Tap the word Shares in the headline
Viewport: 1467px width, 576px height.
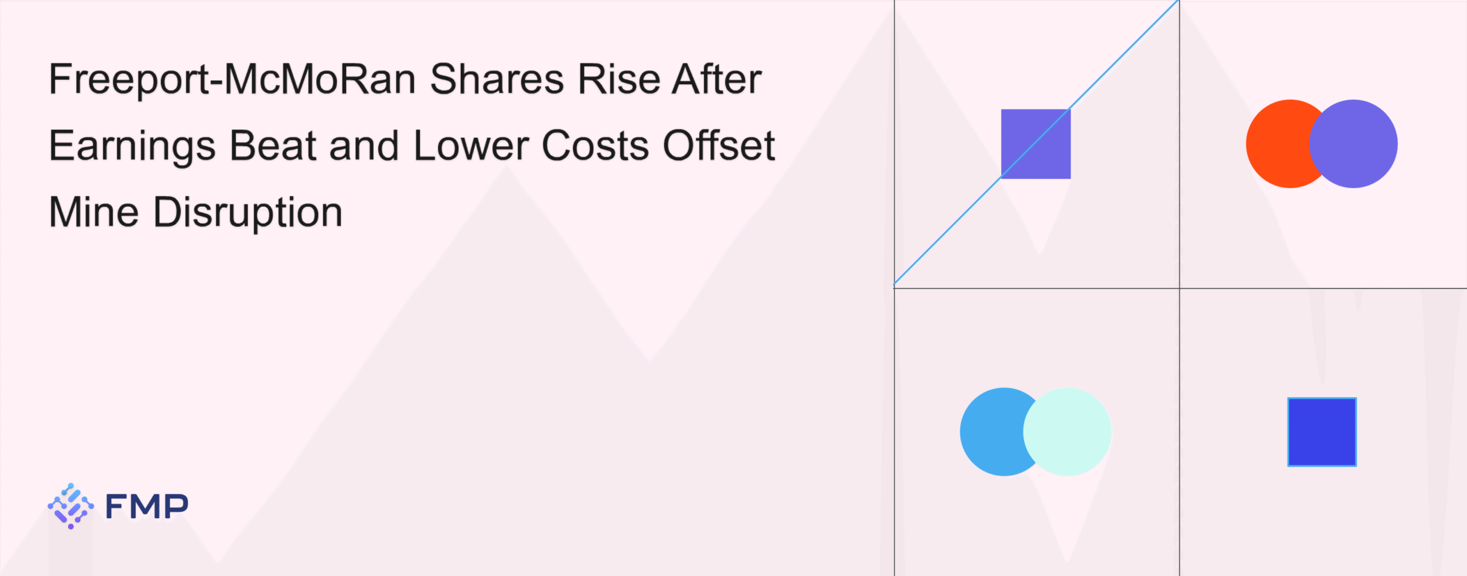click(497, 79)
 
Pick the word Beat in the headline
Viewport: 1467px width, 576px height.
click(273, 146)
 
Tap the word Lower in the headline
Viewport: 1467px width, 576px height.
click(471, 146)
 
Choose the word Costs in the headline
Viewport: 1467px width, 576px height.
click(595, 146)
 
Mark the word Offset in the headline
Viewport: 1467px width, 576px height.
click(719, 146)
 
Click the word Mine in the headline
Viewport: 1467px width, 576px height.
click(94, 212)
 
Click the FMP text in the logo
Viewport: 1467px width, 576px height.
click(147, 507)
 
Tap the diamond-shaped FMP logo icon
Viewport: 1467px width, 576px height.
click(70, 506)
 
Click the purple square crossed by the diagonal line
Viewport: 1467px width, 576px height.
click(1035, 144)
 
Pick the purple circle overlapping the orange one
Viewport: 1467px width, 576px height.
click(1354, 144)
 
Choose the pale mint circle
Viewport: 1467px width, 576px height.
click(1067, 432)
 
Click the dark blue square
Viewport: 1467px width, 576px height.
click(1322, 432)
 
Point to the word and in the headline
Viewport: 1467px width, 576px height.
click(364, 146)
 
